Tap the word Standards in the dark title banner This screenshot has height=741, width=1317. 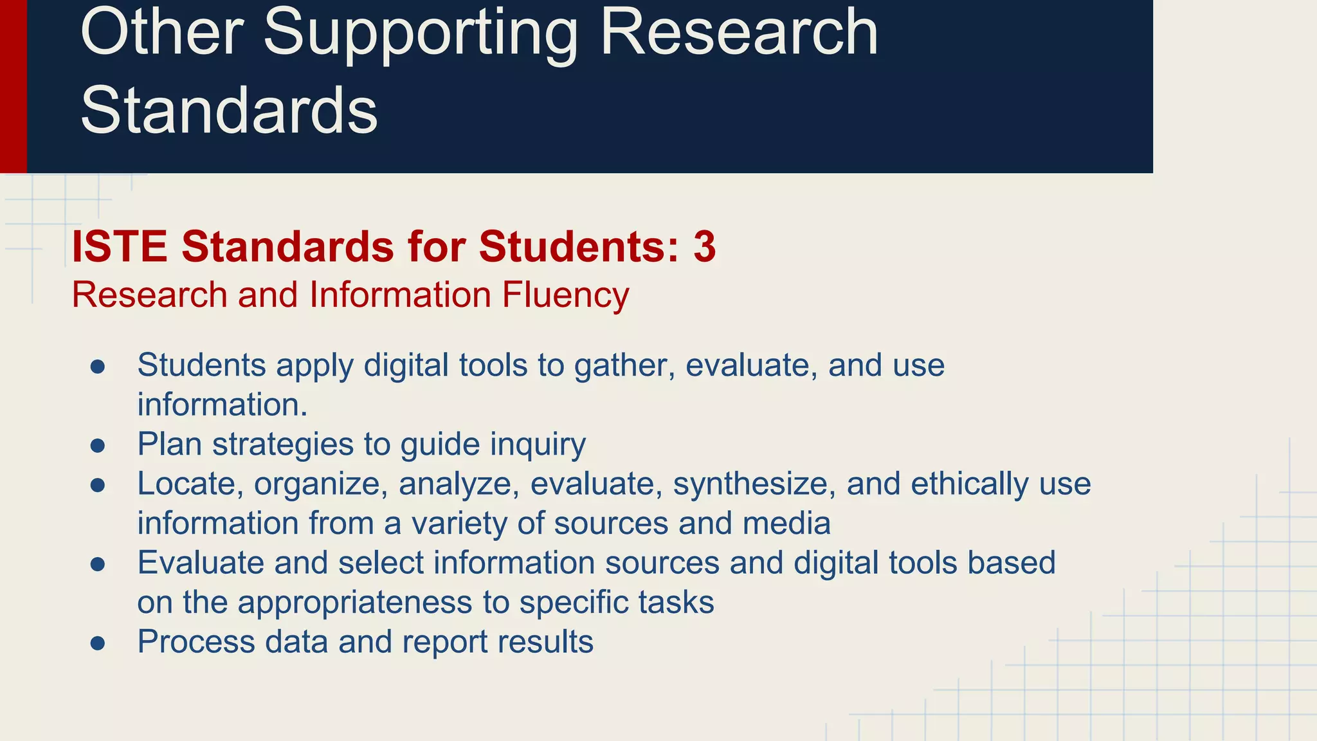click(x=229, y=111)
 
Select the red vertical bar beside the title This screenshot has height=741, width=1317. click(x=13, y=86)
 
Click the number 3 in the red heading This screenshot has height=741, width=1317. click(x=704, y=247)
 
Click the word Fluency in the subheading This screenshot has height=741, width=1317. click(x=565, y=295)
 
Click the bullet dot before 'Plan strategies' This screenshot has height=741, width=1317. click(x=98, y=446)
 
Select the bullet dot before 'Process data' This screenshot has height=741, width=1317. click(x=98, y=643)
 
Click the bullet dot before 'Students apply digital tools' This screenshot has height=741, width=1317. click(x=98, y=367)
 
